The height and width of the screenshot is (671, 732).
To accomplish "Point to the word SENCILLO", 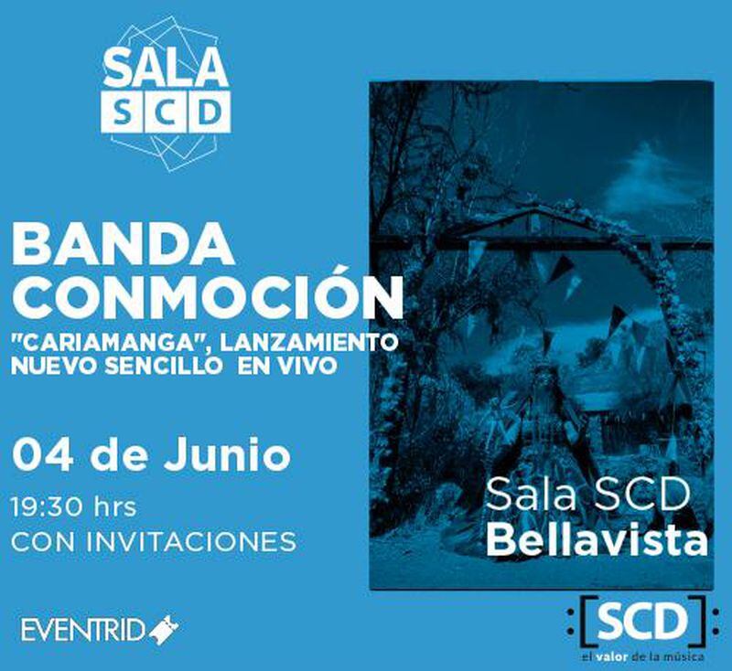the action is click(163, 366).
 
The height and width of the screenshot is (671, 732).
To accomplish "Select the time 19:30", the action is click(45, 507).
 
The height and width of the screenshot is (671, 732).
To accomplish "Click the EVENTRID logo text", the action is click(82, 630).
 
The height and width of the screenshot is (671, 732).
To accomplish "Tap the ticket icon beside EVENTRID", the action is click(164, 630).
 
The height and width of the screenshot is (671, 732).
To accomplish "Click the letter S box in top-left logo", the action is click(123, 112).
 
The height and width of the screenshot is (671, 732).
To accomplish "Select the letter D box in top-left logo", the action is click(209, 112).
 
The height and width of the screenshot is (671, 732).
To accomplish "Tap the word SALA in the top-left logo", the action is click(166, 67).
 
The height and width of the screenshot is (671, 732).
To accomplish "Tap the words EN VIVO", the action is click(286, 366).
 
